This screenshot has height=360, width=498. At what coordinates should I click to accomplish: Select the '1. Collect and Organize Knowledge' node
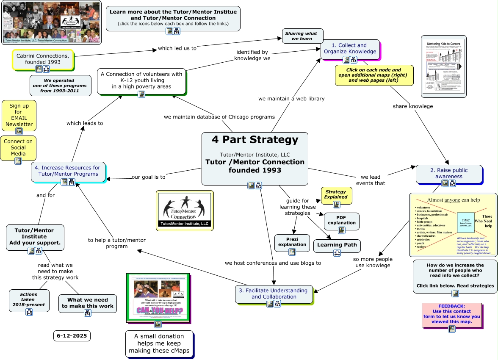tap(350, 48)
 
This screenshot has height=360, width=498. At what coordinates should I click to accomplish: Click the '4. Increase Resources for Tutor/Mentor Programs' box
tap(68, 171)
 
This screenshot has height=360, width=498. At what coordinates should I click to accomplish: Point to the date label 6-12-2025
tap(72, 336)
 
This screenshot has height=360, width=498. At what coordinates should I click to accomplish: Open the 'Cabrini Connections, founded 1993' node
tap(42, 59)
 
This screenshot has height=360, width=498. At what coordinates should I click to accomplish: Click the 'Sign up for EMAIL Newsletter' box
tap(19, 115)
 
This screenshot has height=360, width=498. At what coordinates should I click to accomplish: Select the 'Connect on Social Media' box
tap(18, 147)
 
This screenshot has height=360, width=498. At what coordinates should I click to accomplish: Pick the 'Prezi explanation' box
tap(292, 242)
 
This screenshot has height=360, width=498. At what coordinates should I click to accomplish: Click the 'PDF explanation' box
tap(341, 220)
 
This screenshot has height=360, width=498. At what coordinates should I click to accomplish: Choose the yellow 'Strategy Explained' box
tap(336, 194)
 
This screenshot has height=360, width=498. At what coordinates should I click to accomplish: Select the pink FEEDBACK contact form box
tap(451, 313)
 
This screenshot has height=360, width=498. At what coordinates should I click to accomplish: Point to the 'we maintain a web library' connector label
tap(291, 99)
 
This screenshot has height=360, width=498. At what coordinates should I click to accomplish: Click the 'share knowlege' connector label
tap(412, 106)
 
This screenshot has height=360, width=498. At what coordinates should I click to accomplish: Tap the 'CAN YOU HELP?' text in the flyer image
tap(160, 311)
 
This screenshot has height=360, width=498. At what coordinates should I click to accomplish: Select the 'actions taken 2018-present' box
tap(29, 300)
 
